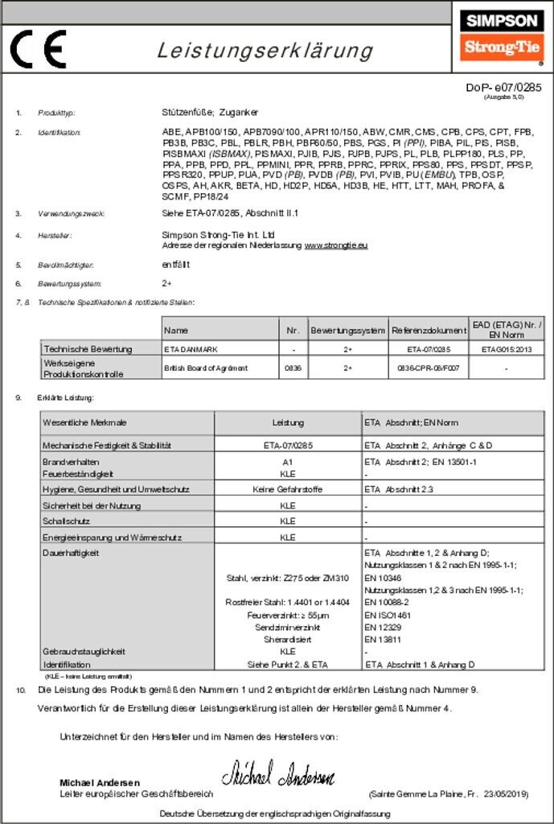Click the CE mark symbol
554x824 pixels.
pos(38,49)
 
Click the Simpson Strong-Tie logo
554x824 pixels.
pos(502,36)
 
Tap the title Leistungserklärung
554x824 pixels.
pos(265,51)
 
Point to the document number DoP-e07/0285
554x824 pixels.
pos(504,87)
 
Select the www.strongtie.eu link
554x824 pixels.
pos(336,245)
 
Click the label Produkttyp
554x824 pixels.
pos(56,113)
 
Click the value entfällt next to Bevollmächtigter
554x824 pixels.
pos(177,264)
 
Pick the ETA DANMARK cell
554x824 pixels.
pos(191,349)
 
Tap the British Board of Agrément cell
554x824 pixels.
pos(205,368)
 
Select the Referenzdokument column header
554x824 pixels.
pos(429,330)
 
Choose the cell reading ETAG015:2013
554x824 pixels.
pos(506,349)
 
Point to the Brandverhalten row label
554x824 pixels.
pos(71,462)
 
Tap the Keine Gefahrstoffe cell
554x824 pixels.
pos(288,489)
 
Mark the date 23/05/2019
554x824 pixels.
pos(506,794)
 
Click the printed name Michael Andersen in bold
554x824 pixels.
pos(100,783)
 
